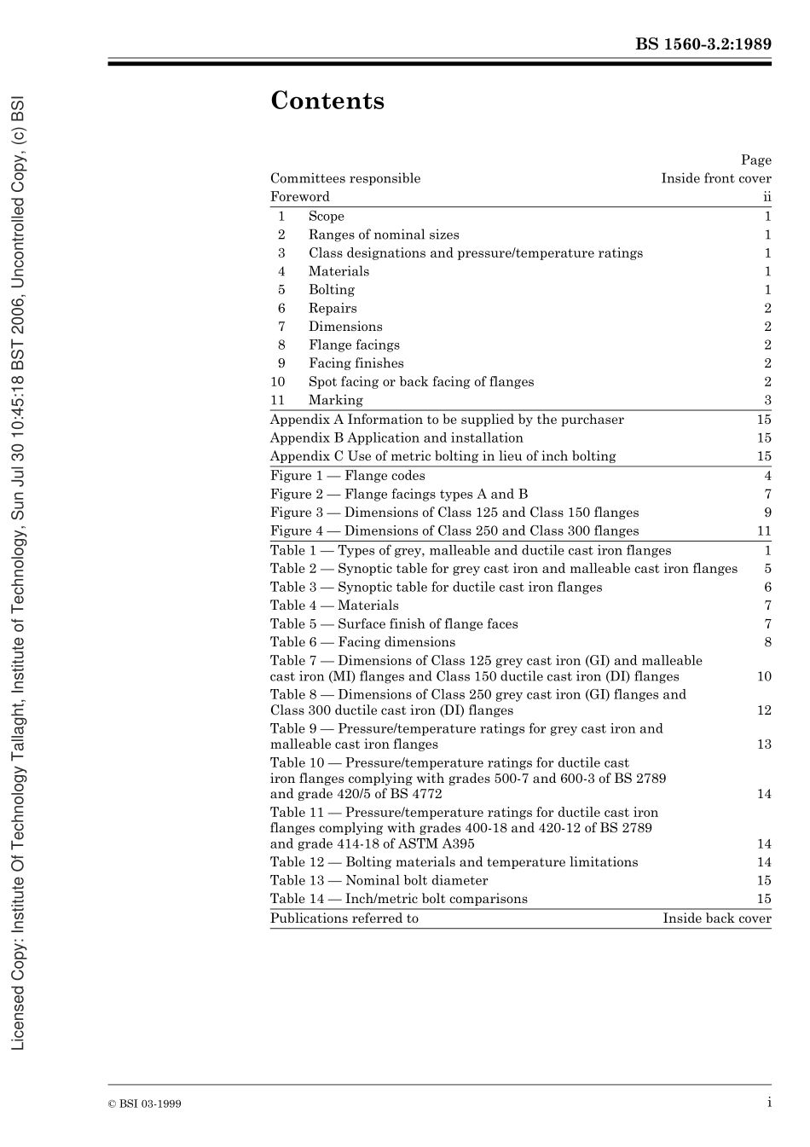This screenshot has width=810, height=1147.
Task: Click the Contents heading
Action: coord(327,101)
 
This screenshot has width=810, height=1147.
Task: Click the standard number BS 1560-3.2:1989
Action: coord(703,44)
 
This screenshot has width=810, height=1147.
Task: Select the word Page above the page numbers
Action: coord(755,160)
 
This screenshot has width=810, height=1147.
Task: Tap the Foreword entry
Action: coord(299,197)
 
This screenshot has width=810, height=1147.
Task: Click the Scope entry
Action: coord(327,217)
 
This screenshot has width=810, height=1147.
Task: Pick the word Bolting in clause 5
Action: coord(332,290)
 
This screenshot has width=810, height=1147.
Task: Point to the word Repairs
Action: coord(333,309)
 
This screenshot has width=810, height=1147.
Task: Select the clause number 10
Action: coord(278,382)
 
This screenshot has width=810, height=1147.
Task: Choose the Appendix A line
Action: coord(447,420)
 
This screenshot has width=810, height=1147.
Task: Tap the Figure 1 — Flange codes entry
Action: coord(347,476)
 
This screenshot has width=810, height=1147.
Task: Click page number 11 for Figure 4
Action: coord(764,531)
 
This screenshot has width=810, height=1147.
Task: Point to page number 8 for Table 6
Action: coord(767,642)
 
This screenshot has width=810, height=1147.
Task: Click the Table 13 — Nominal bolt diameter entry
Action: coord(379,880)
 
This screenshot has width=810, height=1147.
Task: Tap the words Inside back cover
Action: coord(716,918)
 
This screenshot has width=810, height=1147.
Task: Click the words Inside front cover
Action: coord(715,179)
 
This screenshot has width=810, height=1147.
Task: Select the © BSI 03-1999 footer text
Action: coord(144,1104)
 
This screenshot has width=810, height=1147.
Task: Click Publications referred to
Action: coord(344,918)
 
